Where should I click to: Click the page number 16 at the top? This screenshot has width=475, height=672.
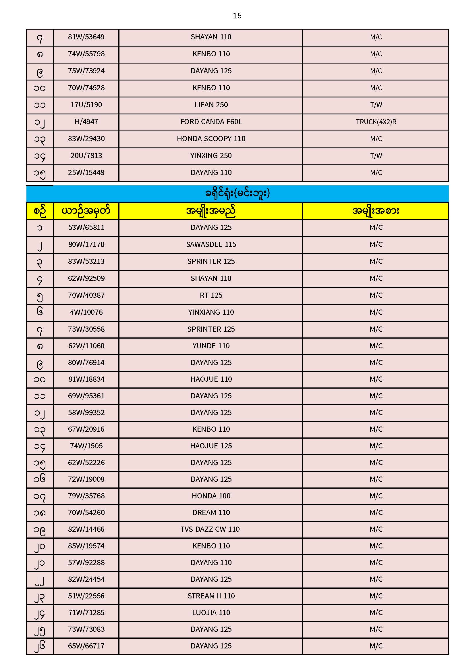(237, 16)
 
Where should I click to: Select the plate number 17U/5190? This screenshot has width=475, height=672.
(86, 105)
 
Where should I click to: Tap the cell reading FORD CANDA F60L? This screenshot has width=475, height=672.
(211, 122)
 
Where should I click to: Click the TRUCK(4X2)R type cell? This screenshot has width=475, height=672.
(376, 122)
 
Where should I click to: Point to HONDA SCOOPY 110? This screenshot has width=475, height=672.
(211, 139)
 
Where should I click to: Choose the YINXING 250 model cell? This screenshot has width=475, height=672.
(211, 156)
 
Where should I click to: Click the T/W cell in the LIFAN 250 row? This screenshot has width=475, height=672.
(376, 105)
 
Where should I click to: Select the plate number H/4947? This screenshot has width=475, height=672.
(86, 122)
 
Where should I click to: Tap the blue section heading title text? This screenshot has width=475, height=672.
(237, 193)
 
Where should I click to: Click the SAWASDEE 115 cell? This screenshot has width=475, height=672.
(211, 244)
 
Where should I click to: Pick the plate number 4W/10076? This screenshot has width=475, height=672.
(86, 312)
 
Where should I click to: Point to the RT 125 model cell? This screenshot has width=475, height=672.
(211, 295)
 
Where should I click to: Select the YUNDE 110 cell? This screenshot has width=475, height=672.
(211, 346)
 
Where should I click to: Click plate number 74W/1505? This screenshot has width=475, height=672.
(86, 446)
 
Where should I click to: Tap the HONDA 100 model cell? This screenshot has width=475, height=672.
(211, 496)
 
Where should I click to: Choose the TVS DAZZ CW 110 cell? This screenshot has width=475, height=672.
(210, 529)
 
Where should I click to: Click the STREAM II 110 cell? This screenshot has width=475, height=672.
(211, 596)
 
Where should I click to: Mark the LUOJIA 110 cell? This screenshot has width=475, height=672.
(211, 613)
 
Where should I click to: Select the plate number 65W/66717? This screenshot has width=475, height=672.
(86, 646)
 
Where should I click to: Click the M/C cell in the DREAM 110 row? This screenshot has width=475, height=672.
(376, 512)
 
